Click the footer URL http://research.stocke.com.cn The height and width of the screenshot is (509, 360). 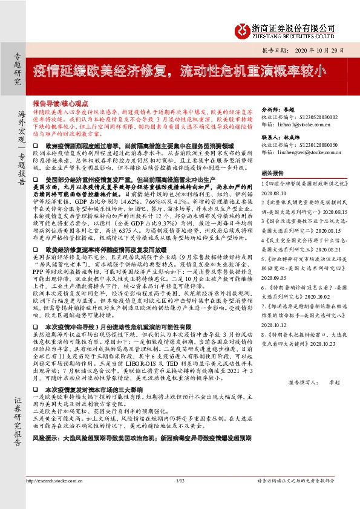[x=56, y=498]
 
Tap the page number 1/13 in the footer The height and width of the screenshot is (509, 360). [x=180, y=498]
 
